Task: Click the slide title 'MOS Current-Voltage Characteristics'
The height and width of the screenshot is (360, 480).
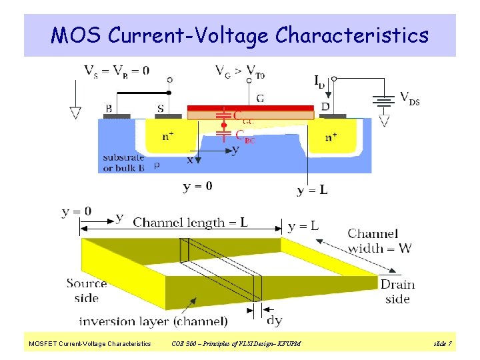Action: click(x=240, y=35)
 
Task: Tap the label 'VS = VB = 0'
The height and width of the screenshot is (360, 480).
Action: click(x=117, y=70)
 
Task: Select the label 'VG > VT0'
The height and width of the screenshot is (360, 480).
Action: click(x=240, y=70)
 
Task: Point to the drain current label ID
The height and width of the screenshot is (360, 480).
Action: click(x=320, y=81)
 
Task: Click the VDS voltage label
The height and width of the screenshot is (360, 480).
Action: click(x=409, y=98)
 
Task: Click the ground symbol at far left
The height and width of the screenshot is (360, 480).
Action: click(x=75, y=111)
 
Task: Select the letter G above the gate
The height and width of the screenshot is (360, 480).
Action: click(x=259, y=98)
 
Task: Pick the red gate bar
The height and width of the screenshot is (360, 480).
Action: click(x=250, y=108)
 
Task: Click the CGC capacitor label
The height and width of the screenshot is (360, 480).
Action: click(x=243, y=117)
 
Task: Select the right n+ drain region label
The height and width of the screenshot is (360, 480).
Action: click(x=332, y=138)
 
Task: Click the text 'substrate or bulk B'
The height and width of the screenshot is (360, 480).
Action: click(x=124, y=163)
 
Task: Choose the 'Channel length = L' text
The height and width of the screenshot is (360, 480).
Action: click(x=191, y=222)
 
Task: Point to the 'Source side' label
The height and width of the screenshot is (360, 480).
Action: click(x=87, y=291)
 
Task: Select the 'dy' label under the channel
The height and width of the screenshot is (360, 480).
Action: click(x=274, y=321)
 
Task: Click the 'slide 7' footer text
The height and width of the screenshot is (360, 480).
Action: click(x=443, y=343)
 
